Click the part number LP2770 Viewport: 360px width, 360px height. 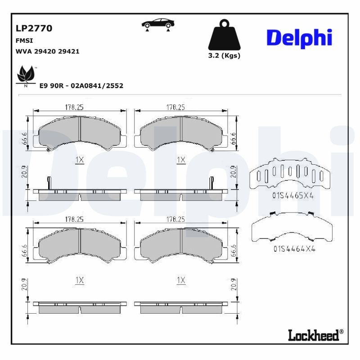pyautogui.click(x=34, y=28)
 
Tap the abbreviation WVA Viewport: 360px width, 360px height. pyautogui.click(x=23, y=51)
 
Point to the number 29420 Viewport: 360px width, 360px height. pyautogui.click(x=46, y=51)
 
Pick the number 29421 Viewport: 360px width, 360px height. pyautogui.click(x=70, y=51)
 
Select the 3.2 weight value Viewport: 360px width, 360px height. pyautogui.click(x=213, y=56)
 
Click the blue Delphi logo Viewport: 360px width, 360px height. pyautogui.click(x=299, y=38)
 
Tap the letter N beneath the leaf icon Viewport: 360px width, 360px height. pyautogui.click(x=25, y=85)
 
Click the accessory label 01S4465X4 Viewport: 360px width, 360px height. pyautogui.click(x=292, y=196)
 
